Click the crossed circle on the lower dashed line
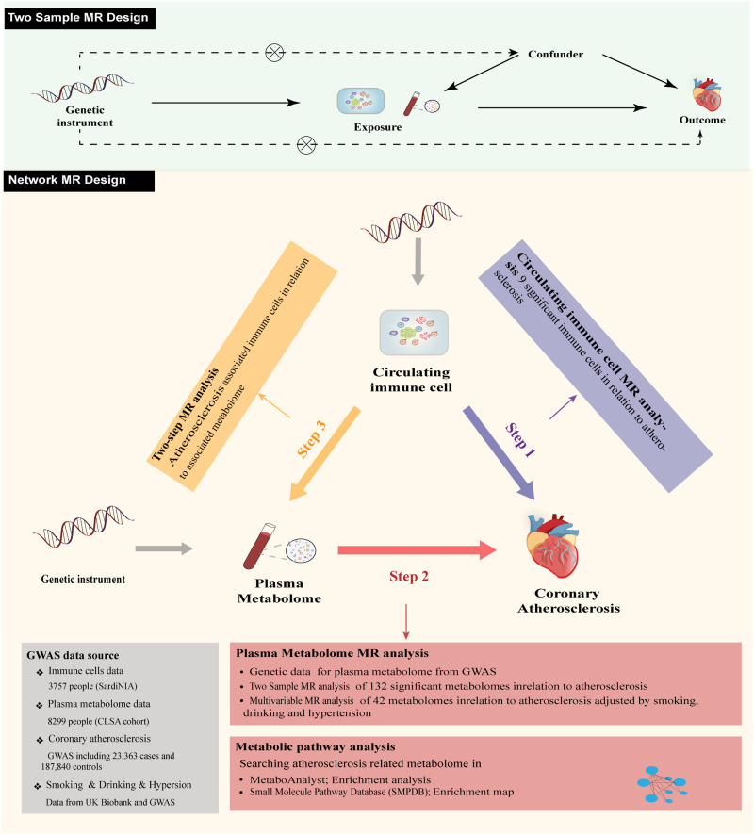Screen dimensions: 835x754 305,144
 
